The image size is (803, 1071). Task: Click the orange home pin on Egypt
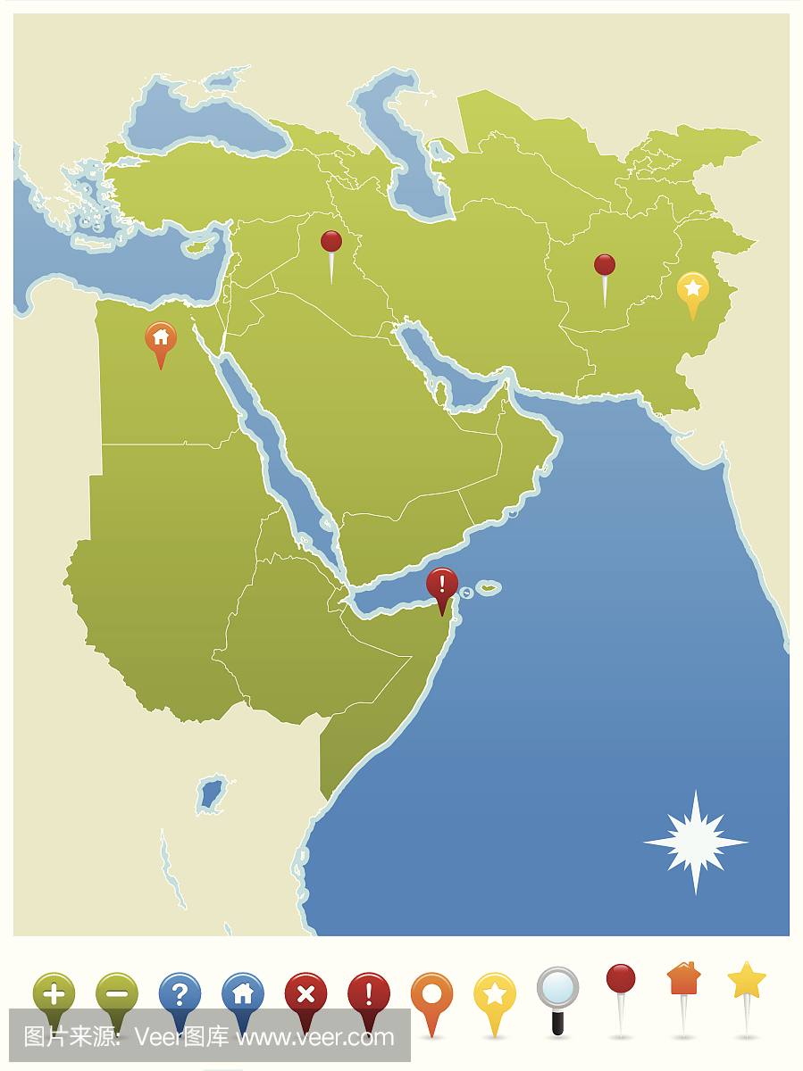coord(161,338)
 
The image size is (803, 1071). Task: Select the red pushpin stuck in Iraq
coord(331,242)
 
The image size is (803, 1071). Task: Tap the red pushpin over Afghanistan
coord(605,265)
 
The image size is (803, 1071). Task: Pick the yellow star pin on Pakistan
coord(692,289)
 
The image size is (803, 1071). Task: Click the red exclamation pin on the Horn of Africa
coord(441,585)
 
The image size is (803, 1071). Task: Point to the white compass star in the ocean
coord(696,842)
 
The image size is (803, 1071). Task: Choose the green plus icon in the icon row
coord(54,993)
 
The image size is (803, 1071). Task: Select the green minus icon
coord(117,993)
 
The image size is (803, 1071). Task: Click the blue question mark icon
coord(180,993)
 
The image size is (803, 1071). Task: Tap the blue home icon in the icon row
coord(242,993)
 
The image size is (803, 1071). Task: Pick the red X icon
coord(305,993)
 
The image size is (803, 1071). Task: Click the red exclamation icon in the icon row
coord(368,993)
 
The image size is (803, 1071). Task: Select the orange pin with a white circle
coord(431,993)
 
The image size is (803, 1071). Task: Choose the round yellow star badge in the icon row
coord(494,993)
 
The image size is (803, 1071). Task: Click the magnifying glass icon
coord(557,990)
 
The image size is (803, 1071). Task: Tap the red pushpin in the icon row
coord(621,979)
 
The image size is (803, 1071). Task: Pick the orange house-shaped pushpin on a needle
coord(683,978)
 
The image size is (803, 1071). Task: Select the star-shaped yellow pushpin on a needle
coord(747,980)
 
